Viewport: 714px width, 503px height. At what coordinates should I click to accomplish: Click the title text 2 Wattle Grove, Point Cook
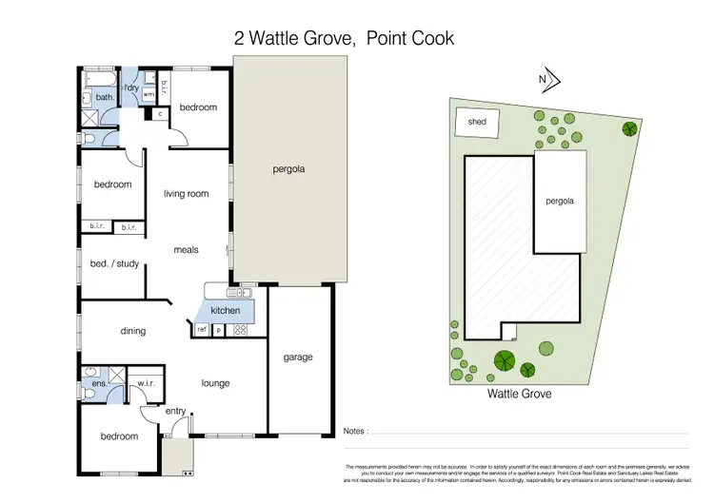click(x=344, y=39)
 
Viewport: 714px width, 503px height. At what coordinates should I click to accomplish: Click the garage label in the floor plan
click(x=297, y=358)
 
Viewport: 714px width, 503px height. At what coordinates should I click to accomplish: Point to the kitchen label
click(x=225, y=311)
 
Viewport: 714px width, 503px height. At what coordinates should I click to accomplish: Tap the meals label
click(x=186, y=250)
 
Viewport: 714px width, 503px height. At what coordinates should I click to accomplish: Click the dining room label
click(x=132, y=331)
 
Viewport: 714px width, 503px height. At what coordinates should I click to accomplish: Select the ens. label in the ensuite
click(x=97, y=384)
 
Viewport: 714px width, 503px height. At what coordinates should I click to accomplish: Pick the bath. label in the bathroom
click(x=105, y=97)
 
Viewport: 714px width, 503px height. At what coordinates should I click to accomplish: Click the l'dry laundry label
click(x=133, y=88)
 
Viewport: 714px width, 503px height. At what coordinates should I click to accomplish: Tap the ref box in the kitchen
click(x=202, y=329)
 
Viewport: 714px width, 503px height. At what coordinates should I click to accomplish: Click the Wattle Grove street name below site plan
click(x=520, y=392)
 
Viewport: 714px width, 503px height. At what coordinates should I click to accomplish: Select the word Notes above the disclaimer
click(x=354, y=432)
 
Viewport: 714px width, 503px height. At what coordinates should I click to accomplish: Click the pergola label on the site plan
click(x=559, y=202)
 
